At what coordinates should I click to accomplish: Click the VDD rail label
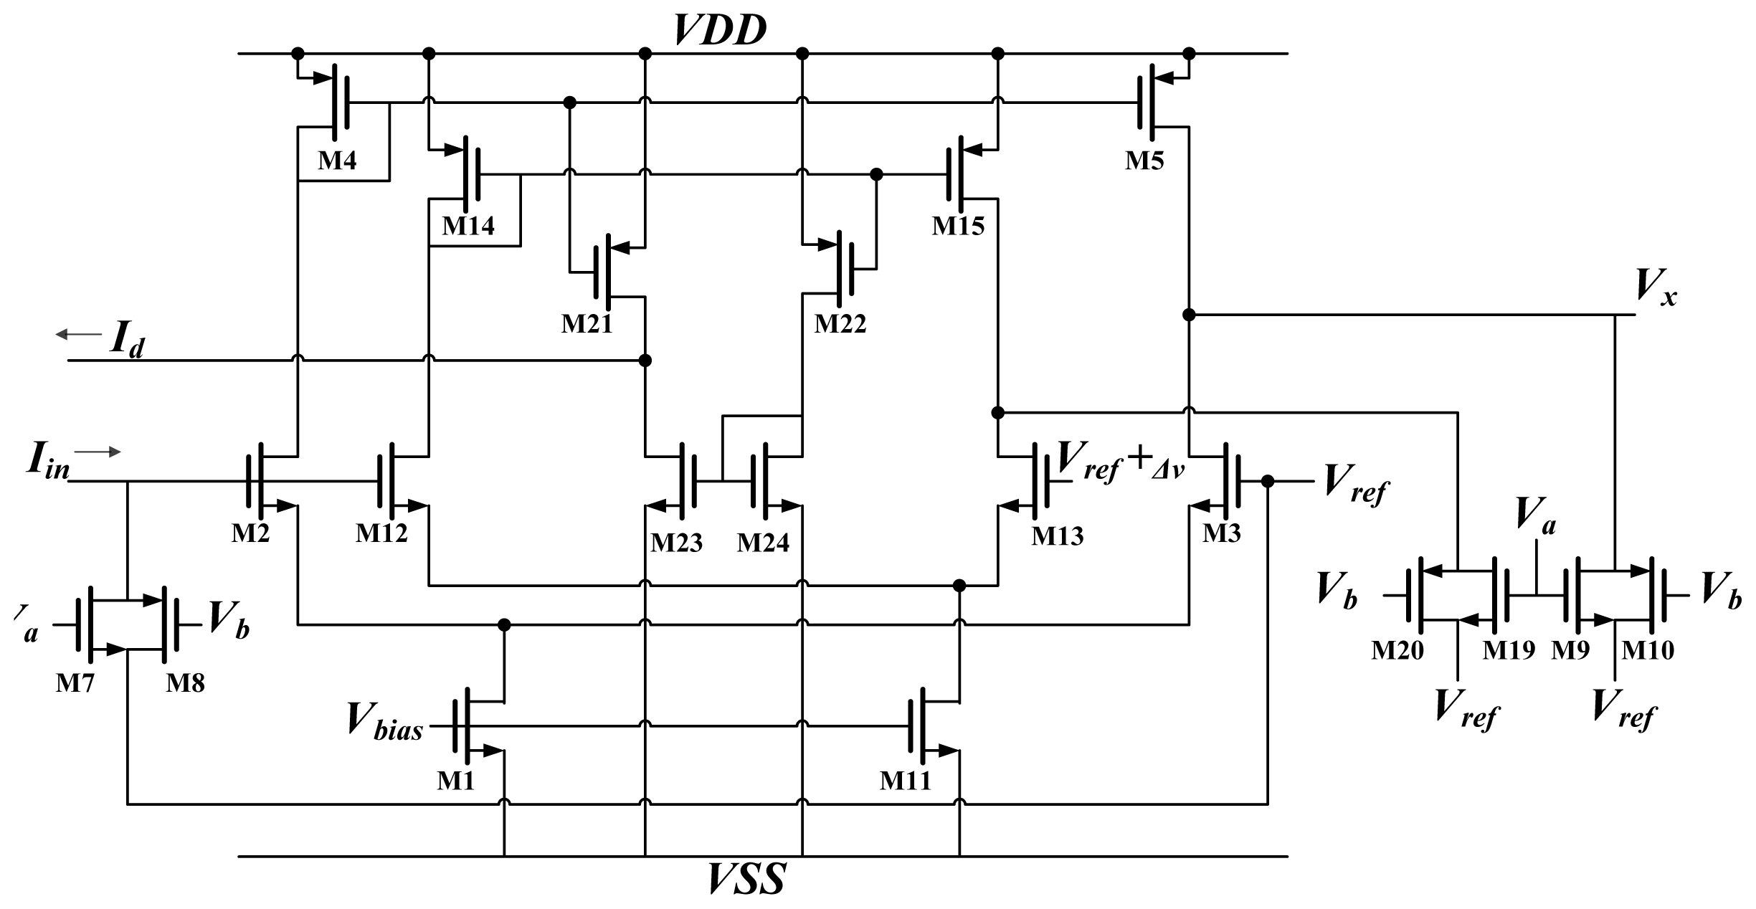720,30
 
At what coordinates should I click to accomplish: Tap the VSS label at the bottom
746,880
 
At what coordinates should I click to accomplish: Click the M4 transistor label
337,161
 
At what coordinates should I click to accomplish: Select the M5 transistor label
1144,161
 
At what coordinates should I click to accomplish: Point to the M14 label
468,226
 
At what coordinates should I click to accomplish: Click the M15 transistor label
958,226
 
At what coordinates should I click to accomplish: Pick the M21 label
587,324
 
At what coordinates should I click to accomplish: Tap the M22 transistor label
840,324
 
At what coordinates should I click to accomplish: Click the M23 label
676,543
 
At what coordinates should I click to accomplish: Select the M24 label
763,543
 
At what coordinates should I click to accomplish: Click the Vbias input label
384,719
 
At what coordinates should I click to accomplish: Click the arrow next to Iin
98,452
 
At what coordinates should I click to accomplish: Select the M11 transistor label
905,779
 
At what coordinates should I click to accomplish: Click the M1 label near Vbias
456,779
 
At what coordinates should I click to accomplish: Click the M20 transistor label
1397,650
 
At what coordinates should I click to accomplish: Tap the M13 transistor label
1058,536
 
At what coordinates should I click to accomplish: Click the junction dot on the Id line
645,360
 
